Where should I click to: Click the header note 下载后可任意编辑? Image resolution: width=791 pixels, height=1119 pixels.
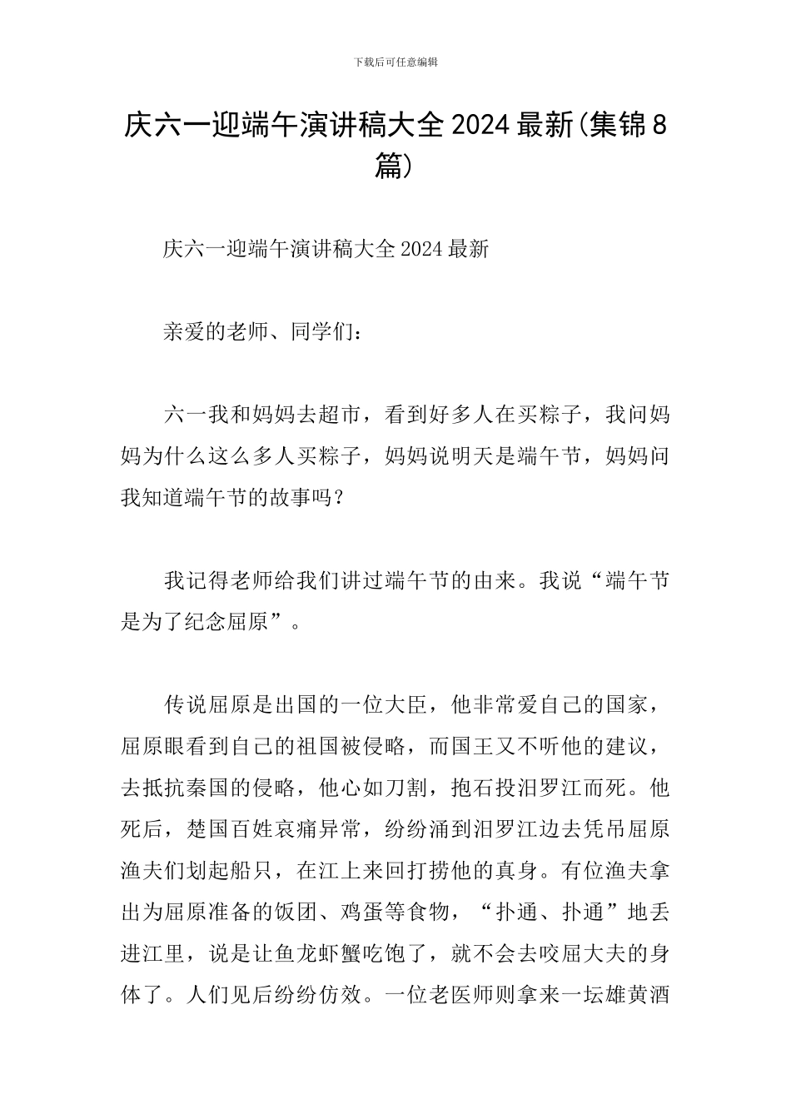395,62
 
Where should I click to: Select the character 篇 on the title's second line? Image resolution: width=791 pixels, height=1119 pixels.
389,167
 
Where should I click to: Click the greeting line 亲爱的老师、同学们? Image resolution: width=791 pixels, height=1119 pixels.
261,332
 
